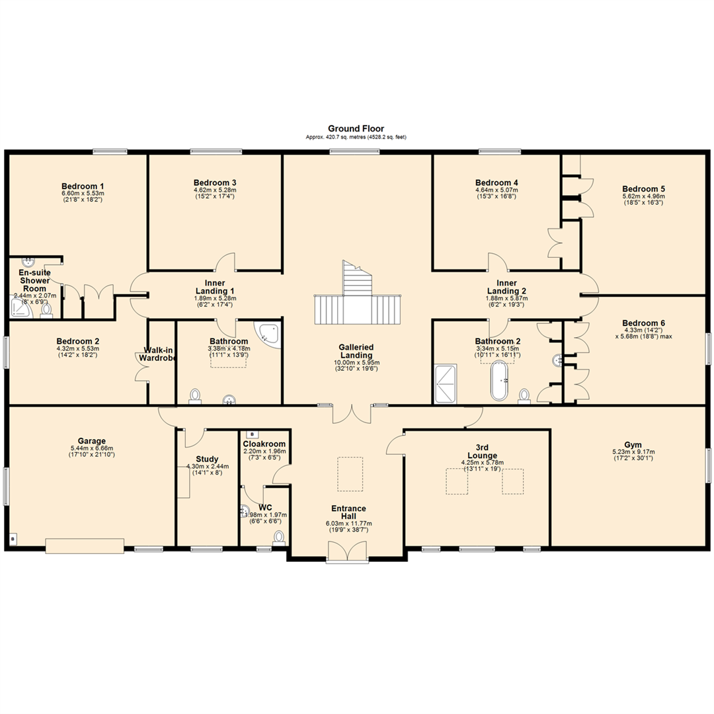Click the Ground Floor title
[356, 128]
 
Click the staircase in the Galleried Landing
[357, 297]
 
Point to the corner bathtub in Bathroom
[269, 335]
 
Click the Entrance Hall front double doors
[347, 551]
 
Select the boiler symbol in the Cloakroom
[253, 434]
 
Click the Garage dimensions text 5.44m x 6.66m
[91, 449]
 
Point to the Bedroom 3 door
[227, 262]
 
